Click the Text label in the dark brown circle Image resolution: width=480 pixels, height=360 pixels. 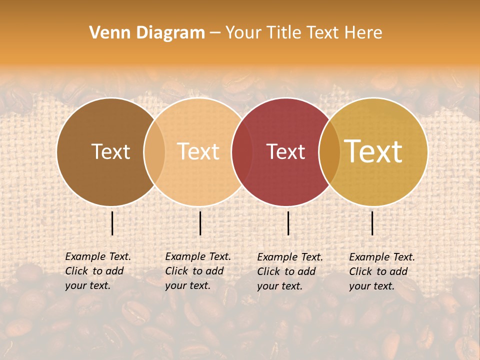pyautogui.click(x=110, y=151)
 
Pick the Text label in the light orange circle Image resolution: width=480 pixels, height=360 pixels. pyautogui.click(x=198, y=151)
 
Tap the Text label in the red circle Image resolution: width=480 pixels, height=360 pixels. pyautogui.click(x=285, y=151)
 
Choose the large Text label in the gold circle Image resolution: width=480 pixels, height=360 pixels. pyautogui.click(x=373, y=151)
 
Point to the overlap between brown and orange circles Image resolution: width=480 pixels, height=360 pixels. pyautogui.click(x=154, y=152)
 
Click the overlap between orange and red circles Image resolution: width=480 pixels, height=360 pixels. pyautogui.click(x=238, y=152)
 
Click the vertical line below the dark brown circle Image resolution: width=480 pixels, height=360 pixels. pyautogui.click(x=112, y=223)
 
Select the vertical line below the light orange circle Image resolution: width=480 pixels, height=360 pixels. pyautogui.click(x=200, y=223)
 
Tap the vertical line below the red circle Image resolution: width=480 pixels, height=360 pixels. pyautogui.click(x=288, y=223)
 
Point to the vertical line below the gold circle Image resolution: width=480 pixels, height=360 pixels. pyautogui.click(x=372, y=223)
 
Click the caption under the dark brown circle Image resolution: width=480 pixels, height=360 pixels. pyautogui.click(x=97, y=271)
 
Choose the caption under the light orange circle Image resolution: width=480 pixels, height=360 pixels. pyautogui.click(x=197, y=271)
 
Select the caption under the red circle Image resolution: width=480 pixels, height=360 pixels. pyautogui.click(x=289, y=271)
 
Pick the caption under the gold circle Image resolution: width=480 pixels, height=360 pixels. pyautogui.click(x=381, y=271)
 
